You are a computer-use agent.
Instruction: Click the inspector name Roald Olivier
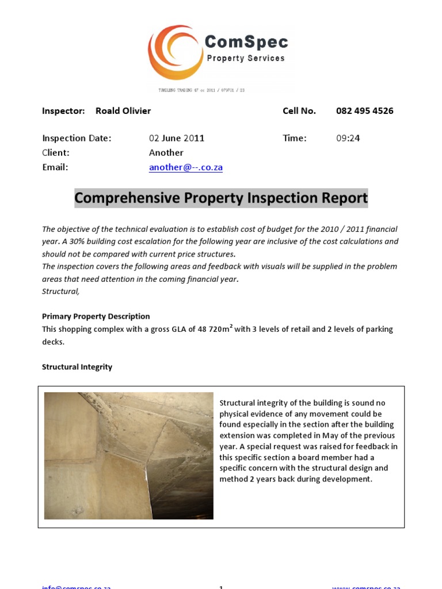click(123, 111)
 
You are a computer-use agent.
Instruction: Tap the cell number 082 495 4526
click(364, 111)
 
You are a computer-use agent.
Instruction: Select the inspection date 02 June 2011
click(177, 138)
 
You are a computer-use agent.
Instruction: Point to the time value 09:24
click(348, 138)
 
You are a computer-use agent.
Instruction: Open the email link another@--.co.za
click(185, 167)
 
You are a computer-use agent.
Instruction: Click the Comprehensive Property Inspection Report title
click(221, 198)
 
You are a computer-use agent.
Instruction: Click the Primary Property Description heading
click(96, 316)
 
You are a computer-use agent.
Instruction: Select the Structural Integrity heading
click(77, 367)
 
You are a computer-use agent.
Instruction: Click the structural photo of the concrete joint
click(128, 456)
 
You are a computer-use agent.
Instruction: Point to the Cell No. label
click(299, 111)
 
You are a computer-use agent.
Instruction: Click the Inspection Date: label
click(77, 138)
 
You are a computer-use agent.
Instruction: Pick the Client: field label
click(55, 153)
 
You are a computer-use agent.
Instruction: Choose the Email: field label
click(55, 167)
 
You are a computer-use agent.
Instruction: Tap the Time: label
click(294, 138)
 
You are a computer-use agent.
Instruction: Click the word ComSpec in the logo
click(246, 42)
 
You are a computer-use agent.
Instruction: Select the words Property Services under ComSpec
click(246, 58)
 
